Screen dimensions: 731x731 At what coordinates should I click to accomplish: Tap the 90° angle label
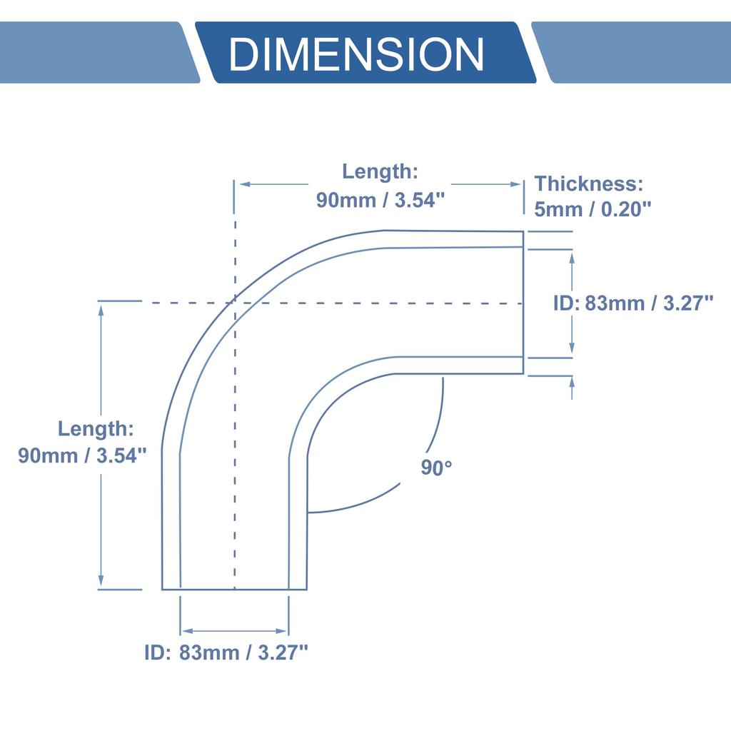tap(436, 468)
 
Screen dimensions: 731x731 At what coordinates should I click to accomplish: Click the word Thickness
tap(589, 183)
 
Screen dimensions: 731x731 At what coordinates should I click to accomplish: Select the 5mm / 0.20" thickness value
tap(593, 208)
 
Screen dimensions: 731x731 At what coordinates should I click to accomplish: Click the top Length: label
tap(379, 171)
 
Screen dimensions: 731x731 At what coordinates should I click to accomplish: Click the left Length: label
tap(95, 429)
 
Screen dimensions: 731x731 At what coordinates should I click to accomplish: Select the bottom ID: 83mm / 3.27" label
tap(226, 652)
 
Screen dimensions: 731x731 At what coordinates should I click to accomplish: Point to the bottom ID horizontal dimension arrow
tap(234, 631)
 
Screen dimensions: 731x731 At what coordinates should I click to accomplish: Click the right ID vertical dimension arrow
tap(573, 303)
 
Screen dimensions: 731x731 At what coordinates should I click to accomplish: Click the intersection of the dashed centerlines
tap(234, 303)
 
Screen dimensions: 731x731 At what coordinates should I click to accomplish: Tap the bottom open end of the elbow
tap(234, 590)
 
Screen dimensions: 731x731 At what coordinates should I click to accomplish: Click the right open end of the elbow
tap(523, 303)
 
